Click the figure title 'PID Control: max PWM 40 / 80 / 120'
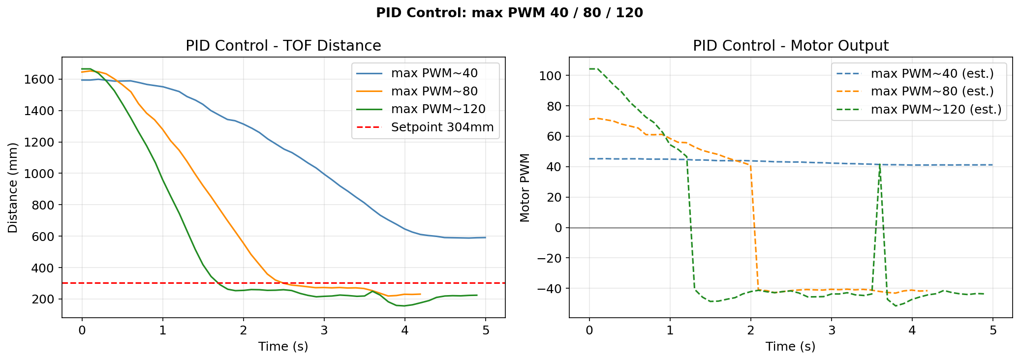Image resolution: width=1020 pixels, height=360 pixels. tap(509, 13)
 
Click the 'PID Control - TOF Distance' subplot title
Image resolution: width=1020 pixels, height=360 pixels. tap(283, 46)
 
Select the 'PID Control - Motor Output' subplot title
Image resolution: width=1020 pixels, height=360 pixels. tap(790, 46)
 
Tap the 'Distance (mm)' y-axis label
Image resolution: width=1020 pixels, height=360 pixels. tap(13, 187)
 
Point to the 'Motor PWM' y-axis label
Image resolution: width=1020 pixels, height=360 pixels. tap(525, 187)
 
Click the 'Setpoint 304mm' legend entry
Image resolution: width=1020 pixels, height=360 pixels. tap(442, 127)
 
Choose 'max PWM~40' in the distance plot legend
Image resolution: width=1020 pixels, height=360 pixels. tap(434, 73)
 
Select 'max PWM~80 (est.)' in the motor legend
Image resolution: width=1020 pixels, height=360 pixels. tap(932, 91)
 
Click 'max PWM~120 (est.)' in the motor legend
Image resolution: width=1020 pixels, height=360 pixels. tap(936, 109)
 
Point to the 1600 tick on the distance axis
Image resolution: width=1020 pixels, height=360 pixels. tap(42, 80)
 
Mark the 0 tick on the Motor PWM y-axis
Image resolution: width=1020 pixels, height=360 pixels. tap(558, 228)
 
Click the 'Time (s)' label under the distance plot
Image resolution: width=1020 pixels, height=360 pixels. tap(283, 346)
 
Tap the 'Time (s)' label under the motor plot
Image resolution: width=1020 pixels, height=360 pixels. tap(790, 346)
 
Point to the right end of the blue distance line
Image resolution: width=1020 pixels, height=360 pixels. tap(486, 238)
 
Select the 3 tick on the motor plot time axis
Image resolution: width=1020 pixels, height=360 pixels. tap(832, 330)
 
